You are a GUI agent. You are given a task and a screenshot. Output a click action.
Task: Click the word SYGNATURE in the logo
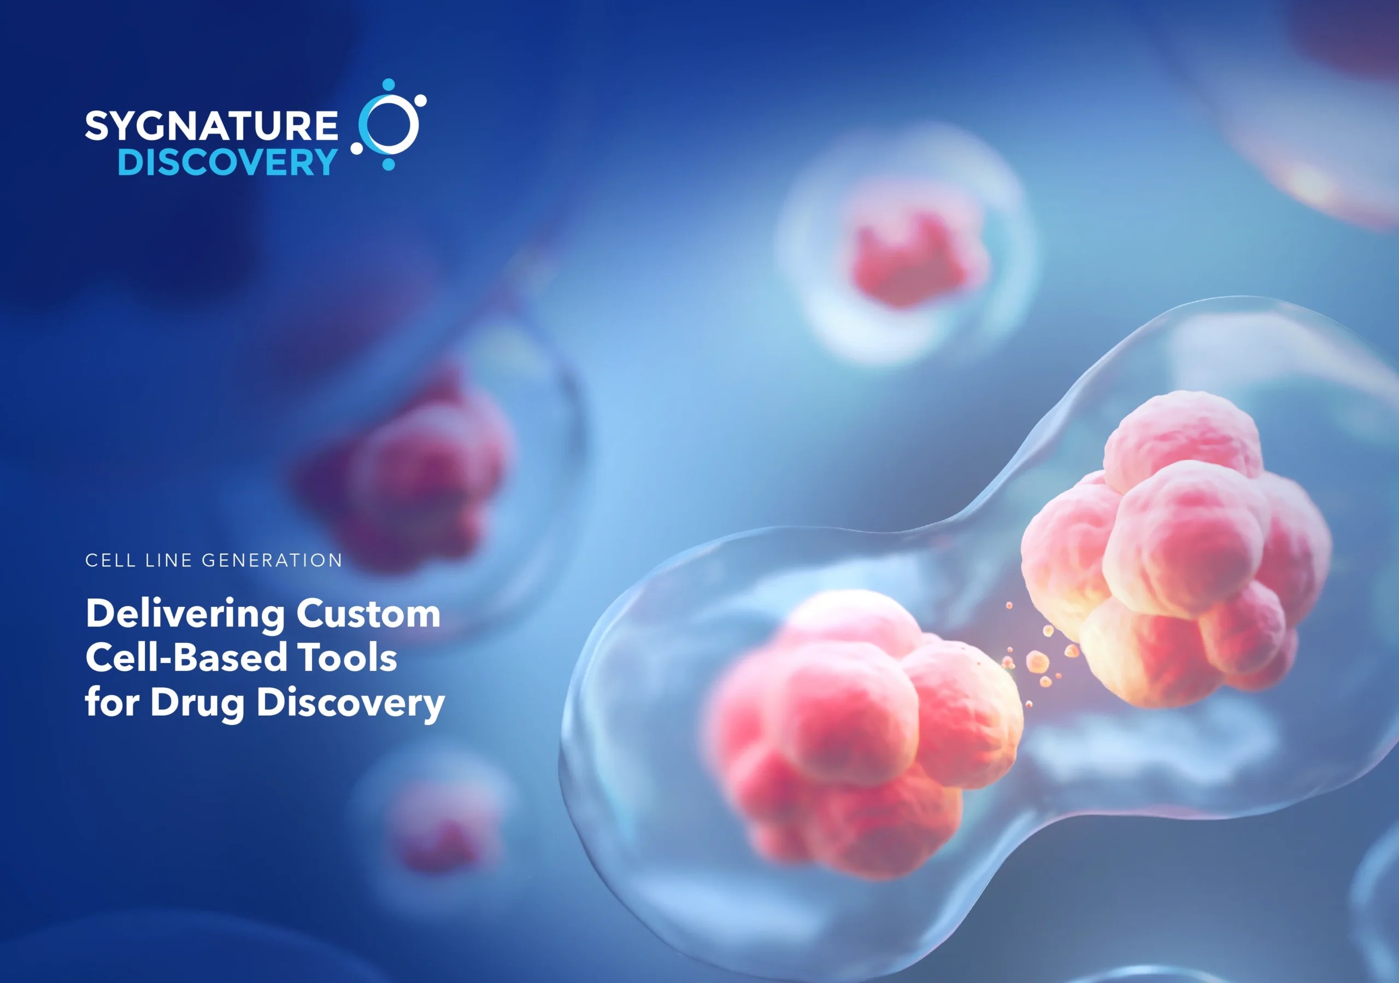click(211, 126)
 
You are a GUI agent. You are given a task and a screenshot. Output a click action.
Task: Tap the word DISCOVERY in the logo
click(227, 162)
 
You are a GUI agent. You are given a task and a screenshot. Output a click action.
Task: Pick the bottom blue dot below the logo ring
click(388, 164)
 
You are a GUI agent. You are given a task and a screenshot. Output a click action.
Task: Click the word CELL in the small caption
click(110, 560)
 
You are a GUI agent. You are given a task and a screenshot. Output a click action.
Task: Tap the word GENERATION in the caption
click(272, 560)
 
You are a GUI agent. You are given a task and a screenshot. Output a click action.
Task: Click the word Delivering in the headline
click(185, 613)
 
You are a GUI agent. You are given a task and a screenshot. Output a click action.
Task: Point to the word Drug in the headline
click(197, 703)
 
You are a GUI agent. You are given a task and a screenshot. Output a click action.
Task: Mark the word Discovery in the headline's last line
click(350, 703)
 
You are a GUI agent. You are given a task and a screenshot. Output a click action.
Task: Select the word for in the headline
click(112, 702)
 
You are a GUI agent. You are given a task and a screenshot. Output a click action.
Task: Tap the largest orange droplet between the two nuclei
click(1037, 661)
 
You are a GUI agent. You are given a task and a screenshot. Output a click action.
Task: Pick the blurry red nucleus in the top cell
click(914, 259)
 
